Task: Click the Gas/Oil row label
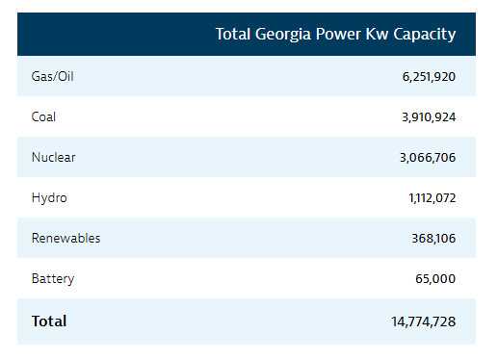tap(53, 76)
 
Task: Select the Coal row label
tap(44, 116)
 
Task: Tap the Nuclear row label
tap(54, 157)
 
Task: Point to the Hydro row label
tap(49, 197)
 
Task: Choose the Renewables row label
tap(65, 238)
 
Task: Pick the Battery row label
tap(53, 278)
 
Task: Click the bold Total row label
tap(49, 321)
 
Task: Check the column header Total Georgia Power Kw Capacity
tap(335, 35)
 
